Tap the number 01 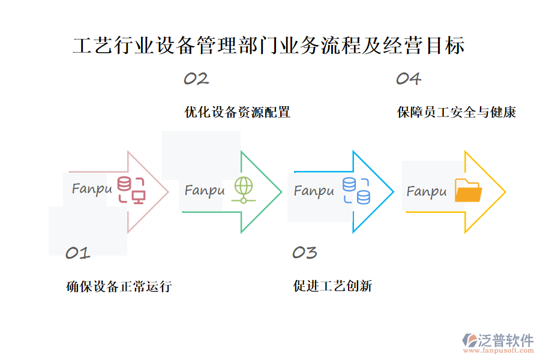(x=77, y=253)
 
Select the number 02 (x=196, y=79)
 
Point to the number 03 (x=304, y=253)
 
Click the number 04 (x=408, y=79)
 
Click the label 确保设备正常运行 (x=119, y=287)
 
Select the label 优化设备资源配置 (x=238, y=112)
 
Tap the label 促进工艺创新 (x=332, y=287)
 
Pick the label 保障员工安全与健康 (x=456, y=112)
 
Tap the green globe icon (x=243, y=190)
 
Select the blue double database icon (x=356, y=191)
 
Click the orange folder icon (x=468, y=191)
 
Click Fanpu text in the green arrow (x=204, y=191)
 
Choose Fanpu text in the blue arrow (x=314, y=191)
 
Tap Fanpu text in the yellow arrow (x=427, y=192)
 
